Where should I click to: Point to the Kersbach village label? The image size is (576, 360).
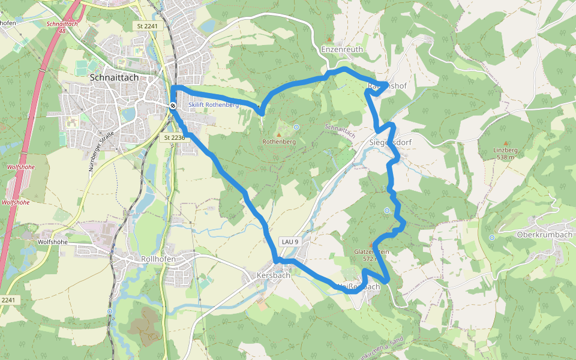[273, 275]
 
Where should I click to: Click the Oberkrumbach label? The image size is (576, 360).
[544, 235]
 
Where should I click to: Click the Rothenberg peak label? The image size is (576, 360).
[279, 142]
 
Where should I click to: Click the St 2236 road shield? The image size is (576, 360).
[174, 137]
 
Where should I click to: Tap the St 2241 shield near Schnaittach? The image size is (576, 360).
[146, 26]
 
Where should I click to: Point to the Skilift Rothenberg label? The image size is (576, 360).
[213, 104]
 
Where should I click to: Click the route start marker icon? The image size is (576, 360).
[173, 106]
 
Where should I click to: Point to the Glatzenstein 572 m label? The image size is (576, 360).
[371, 255]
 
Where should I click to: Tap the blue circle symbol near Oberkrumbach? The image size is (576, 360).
[492, 238]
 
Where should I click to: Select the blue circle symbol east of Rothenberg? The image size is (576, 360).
[296, 127]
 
